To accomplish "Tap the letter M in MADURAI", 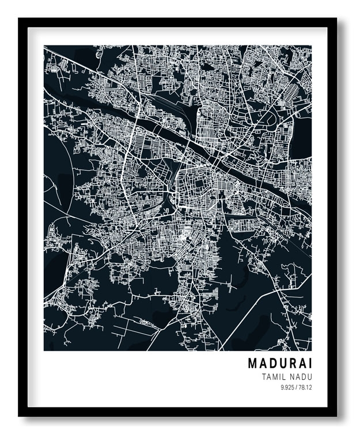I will coord(252,364).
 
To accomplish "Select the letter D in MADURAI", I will coord(272,364).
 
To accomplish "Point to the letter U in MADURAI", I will coord(282,364).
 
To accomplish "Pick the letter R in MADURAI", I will coord(291,364).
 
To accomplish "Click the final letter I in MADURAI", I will coord(309,364).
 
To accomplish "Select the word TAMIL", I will coord(272,377).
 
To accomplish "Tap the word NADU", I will coord(300,377).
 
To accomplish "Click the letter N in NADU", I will coord(291,377).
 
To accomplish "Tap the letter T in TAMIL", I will coord(263,377).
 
